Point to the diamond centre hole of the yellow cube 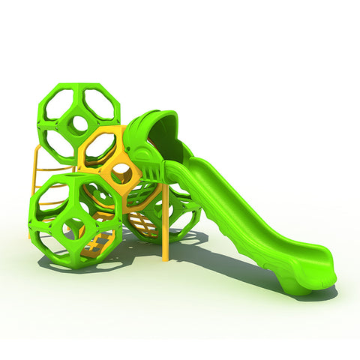coord(121,174)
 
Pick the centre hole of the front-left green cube coord(76,223)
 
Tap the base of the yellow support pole coord(165,257)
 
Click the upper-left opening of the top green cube coord(56,105)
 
